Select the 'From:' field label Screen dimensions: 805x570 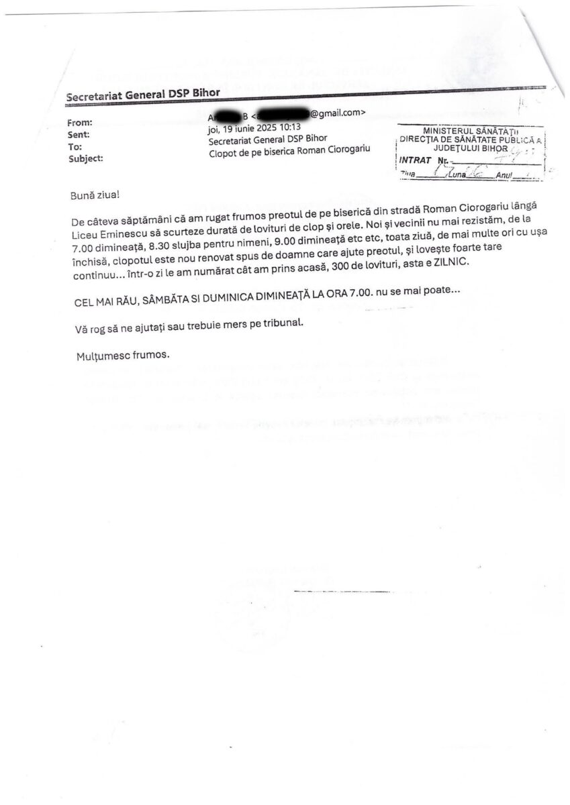point(81,122)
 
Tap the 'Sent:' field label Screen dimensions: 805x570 point(80,135)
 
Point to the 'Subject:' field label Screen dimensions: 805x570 point(87,159)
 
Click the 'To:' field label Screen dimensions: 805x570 point(75,147)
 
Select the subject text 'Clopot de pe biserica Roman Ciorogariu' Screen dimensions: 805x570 point(289,150)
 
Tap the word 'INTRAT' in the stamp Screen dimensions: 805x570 point(415,160)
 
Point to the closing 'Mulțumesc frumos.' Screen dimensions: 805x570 point(122,354)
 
